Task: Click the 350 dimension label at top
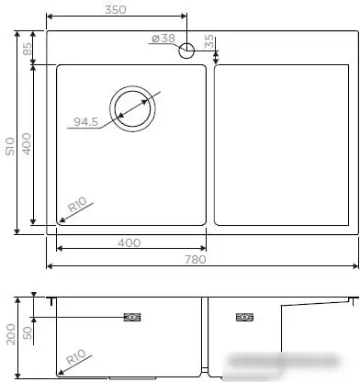115,9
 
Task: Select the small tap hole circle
186,51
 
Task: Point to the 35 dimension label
209,42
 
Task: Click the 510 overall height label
9,146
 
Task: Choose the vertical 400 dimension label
28,144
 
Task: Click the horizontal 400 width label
129,242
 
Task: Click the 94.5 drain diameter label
85,122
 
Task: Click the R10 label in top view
77,204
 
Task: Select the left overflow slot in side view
132,318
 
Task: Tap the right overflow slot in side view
244,318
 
